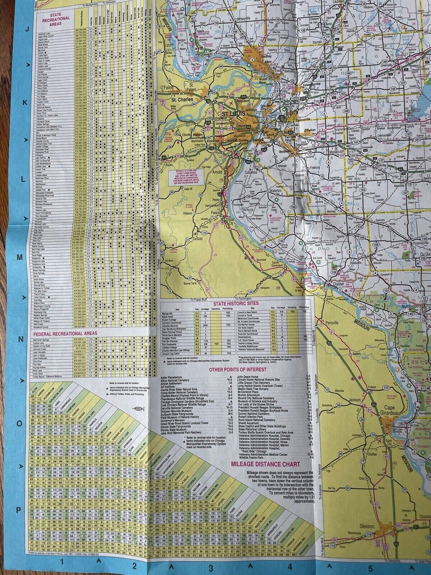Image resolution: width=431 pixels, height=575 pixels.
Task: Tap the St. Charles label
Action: [181, 100]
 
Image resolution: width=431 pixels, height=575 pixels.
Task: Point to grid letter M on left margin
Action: [19, 257]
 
